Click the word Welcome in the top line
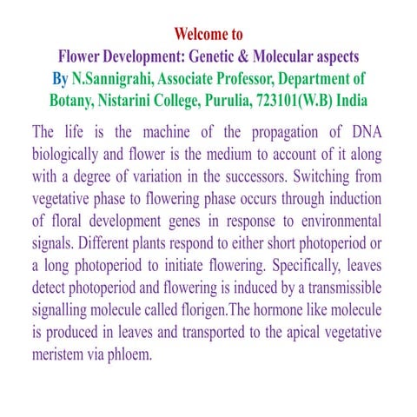[x=199, y=35]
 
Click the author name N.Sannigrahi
[x=115, y=78]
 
